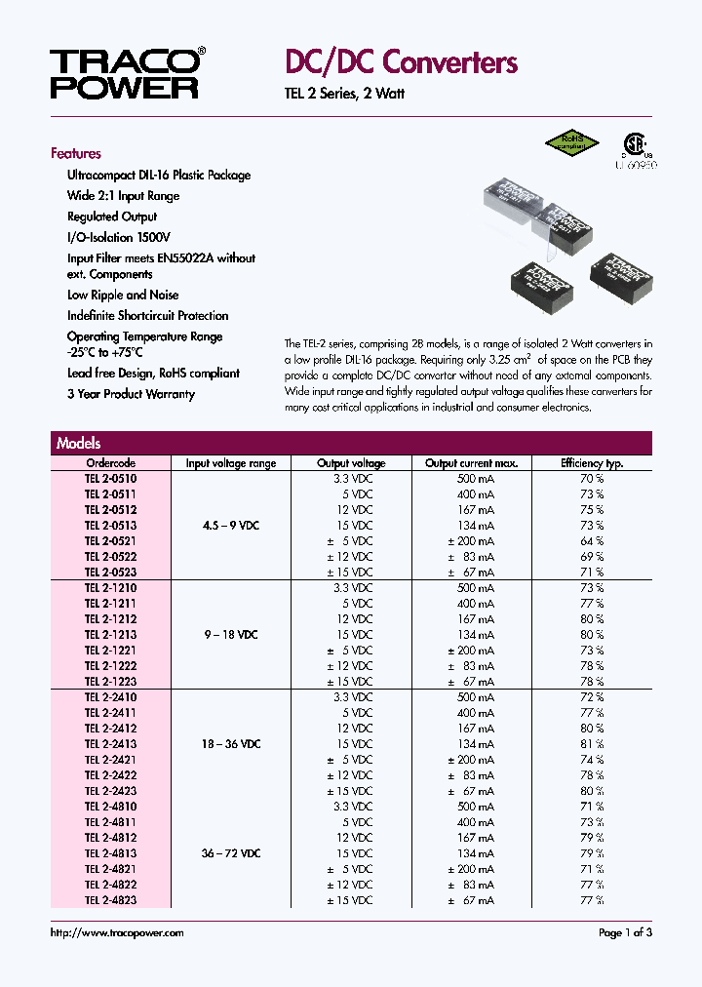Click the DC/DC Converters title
[401, 63]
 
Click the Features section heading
[76, 153]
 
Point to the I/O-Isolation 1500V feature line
[119, 237]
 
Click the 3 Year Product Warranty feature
[131, 394]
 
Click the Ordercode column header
[111, 463]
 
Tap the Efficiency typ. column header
[592, 463]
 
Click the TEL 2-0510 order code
[111, 479]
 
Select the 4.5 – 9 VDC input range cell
[231, 526]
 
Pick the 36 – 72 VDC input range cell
[231, 853]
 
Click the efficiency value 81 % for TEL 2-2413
[592, 744]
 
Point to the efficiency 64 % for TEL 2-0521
[592, 541]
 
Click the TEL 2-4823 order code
[111, 900]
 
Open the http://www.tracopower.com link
[117, 933]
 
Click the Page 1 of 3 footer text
[625, 933]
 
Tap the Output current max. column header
[472, 463]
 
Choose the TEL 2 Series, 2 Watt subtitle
[344, 94]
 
